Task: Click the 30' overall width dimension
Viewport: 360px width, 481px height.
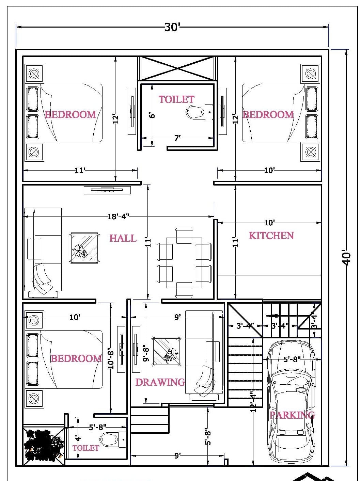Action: pyautogui.click(x=172, y=27)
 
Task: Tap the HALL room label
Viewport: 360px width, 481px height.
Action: pyautogui.click(x=123, y=238)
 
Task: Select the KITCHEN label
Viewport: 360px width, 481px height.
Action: pyautogui.click(x=271, y=236)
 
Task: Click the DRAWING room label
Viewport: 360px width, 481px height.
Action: pyautogui.click(x=160, y=382)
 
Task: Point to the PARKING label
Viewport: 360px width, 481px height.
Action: pyautogui.click(x=292, y=415)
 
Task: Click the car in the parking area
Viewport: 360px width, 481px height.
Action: pyautogui.click(x=291, y=402)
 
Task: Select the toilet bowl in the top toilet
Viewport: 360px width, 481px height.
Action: pyautogui.click(x=199, y=111)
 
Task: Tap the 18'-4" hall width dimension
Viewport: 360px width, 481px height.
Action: pyautogui.click(x=118, y=217)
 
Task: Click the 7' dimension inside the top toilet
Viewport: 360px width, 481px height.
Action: pyautogui.click(x=177, y=138)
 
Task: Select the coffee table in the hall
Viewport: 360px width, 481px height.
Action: pyautogui.click(x=84, y=248)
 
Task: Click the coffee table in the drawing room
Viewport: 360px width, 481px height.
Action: pyautogui.click(x=167, y=351)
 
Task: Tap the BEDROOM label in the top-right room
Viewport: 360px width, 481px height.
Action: pyautogui.click(x=268, y=114)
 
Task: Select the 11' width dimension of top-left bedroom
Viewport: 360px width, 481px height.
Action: pyautogui.click(x=79, y=170)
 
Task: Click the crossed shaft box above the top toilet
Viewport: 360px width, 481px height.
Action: pyautogui.click(x=177, y=68)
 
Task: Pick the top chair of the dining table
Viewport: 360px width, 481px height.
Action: pyautogui.click(x=184, y=235)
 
